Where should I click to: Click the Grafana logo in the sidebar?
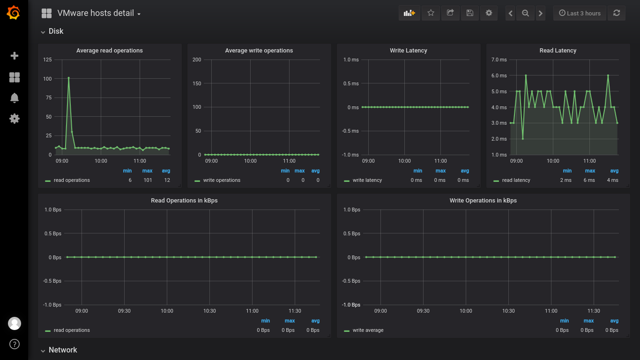[x=14, y=13]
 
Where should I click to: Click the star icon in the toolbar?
[x=431, y=13]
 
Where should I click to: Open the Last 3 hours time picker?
[x=580, y=13]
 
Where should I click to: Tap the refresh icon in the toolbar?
[x=617, y=13]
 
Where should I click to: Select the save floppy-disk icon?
[x=470, y=13]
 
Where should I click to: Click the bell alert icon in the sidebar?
[x=14, y=98]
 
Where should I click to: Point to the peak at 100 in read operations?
[x=68, y=78]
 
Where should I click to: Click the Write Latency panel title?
[x=408, y=50]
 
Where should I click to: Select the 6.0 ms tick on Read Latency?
[x=499, y=75]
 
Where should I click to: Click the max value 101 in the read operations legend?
[x=148, y=180]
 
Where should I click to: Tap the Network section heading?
[x=63, y=350]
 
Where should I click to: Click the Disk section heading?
[x=56, y=31]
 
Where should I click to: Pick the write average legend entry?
[x=368, y=330]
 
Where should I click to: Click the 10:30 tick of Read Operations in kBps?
[x=209, y=311]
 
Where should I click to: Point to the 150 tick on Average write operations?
[x=197, y=83]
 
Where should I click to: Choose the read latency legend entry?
[x=516, y=180]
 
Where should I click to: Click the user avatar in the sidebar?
[x=14, y=323]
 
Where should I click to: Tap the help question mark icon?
[x=14, y=344]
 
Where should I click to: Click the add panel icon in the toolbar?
[x=409, y=13]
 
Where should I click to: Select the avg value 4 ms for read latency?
[x=612, y=180]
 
